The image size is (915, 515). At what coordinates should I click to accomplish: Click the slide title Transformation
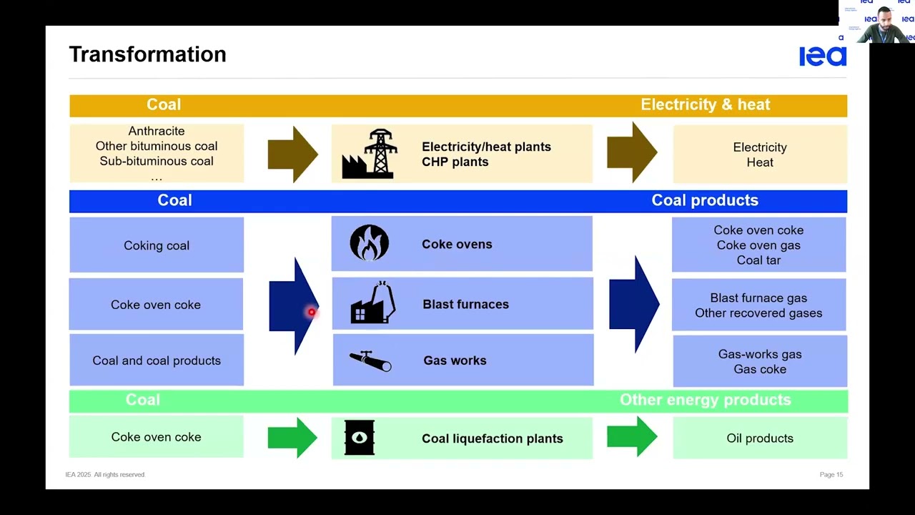(147, 54)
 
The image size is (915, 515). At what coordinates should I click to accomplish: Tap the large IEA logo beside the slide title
(822, 56)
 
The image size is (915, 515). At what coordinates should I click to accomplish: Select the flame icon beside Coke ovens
(369, 243)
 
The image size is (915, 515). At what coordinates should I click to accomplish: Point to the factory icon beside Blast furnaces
(372, 303)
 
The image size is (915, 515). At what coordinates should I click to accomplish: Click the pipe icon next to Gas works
(370, 360)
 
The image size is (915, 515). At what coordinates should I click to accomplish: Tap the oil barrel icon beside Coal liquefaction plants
(359, 438)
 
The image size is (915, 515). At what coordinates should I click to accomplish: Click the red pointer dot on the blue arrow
(312, 312)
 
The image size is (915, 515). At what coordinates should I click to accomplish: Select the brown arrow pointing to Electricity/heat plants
(292, 154)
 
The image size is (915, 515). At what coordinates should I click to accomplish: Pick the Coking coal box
(157, 245)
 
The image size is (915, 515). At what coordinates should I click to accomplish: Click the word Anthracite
(157, 131)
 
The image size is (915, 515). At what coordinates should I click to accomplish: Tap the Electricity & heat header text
(705, 105)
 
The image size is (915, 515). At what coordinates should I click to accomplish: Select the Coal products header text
(704, 200)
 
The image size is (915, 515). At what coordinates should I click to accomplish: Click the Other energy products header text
(705, 400)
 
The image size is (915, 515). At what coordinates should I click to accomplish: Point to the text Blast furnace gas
(758, 298)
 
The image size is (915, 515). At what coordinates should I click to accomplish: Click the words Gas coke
(760, 369)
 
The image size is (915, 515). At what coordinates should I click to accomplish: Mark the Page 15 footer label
(831, 475)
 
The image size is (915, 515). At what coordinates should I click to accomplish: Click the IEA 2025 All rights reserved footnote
(105, 475)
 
